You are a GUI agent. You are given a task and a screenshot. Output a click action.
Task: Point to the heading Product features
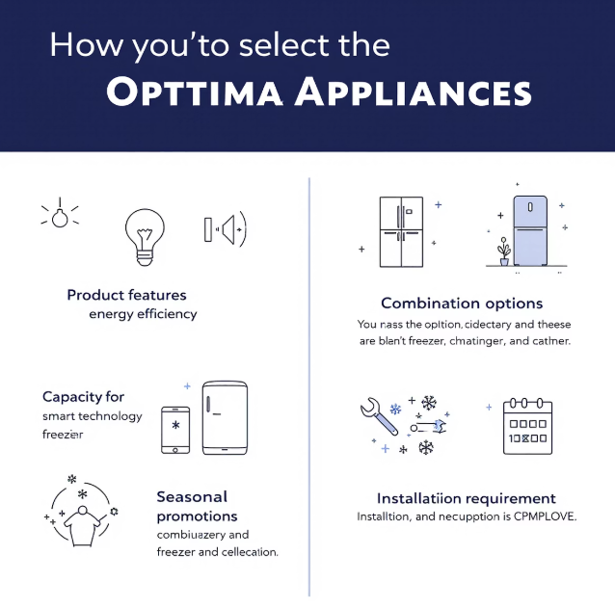point(126,295)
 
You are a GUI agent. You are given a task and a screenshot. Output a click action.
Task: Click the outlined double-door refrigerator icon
point(402,232)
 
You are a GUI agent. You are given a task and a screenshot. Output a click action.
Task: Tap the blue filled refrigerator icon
point(530,231)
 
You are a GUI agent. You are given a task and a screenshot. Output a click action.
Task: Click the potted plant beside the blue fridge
point(503,253)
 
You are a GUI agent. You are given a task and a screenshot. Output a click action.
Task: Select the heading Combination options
point(462,304)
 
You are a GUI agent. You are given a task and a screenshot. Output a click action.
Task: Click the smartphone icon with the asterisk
point(175,428)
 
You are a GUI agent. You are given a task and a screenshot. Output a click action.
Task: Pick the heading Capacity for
point(83,397)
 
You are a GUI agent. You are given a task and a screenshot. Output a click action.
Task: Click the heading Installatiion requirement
point(466,498)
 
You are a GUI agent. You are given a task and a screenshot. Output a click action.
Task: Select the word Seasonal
point(192,497)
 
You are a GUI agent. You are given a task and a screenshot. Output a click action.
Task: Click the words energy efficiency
point(143,314)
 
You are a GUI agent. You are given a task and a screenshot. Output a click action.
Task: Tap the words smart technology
point(92,416)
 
